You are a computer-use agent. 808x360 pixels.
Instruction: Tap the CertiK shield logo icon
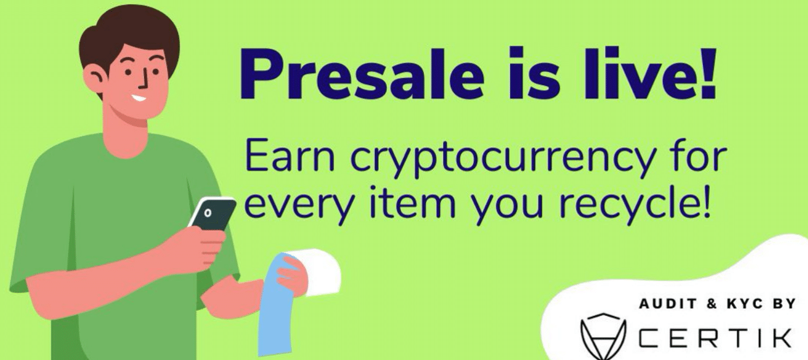603,333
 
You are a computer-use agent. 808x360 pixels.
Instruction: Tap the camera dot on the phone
208,213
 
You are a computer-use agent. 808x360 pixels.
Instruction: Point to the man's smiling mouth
138,97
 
